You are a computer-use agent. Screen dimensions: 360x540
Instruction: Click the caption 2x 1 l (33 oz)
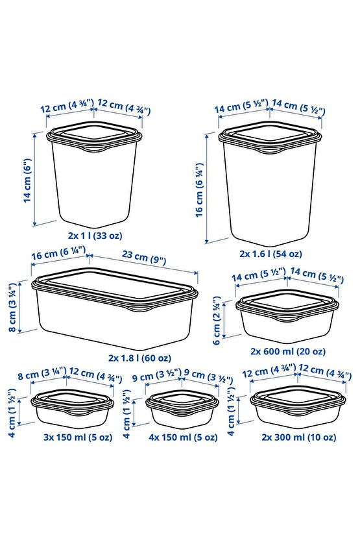(95, 236)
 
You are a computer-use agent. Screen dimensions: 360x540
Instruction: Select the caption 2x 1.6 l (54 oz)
(270, 254)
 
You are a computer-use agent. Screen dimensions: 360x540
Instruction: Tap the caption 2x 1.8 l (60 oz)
(139, 358)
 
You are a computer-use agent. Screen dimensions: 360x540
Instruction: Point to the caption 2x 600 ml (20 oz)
(288, 351)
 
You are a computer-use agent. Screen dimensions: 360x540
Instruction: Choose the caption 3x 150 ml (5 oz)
(78, 437)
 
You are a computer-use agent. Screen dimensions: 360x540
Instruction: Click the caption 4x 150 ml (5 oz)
(183, 437)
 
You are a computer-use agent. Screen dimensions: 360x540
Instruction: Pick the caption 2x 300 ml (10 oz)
(298, 437)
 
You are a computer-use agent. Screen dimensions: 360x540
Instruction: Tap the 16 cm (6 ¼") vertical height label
(199, 190)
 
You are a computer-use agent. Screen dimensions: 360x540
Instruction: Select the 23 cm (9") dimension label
(144, 258)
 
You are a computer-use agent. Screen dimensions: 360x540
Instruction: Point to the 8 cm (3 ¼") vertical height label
(13, 308)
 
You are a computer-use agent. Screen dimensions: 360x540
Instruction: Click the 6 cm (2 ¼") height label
(217, 320)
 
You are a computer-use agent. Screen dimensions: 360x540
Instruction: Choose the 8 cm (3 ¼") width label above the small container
(42, 374)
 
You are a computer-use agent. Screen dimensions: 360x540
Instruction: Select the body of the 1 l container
(94, 184)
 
